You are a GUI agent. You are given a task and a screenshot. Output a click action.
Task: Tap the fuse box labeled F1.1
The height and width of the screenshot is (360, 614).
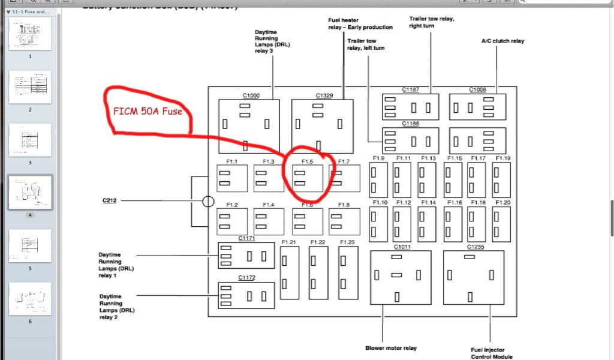(232, 179)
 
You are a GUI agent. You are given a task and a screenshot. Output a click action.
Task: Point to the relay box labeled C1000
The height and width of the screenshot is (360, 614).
(245, 125)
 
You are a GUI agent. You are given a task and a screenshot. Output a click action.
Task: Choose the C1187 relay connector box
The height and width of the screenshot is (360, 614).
(410, 107)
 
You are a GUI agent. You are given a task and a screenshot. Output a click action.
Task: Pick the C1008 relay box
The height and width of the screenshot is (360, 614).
(477, 107)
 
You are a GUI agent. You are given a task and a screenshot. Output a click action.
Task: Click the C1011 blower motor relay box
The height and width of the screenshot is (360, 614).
(400, 276)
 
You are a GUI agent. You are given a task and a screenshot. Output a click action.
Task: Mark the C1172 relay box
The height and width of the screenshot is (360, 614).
(246, 295)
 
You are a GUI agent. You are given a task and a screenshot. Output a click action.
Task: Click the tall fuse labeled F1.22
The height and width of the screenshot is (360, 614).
(318, 273)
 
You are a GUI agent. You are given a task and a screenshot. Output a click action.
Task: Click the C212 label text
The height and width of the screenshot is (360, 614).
(109, 201)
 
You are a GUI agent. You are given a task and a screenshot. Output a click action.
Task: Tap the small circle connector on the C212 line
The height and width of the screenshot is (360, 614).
(208, 202)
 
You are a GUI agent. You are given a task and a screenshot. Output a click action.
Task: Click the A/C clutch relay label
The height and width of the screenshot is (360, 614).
(502, 41)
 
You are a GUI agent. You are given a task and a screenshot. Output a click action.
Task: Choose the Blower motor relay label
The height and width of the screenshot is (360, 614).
(391, 348)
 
